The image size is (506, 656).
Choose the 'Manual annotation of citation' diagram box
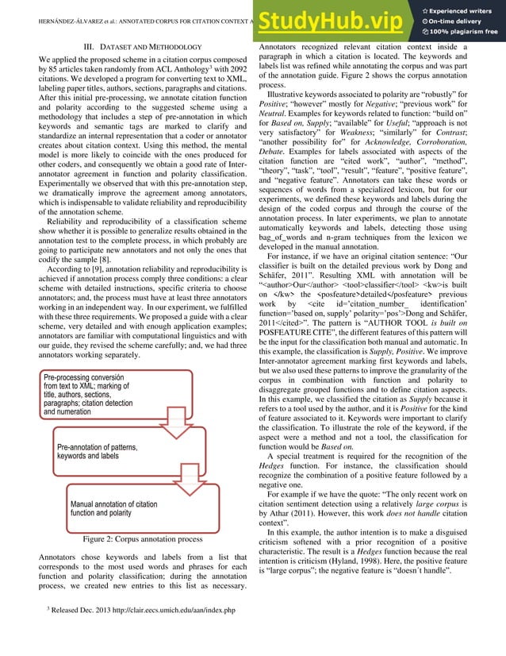click(x=119, y=509)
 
